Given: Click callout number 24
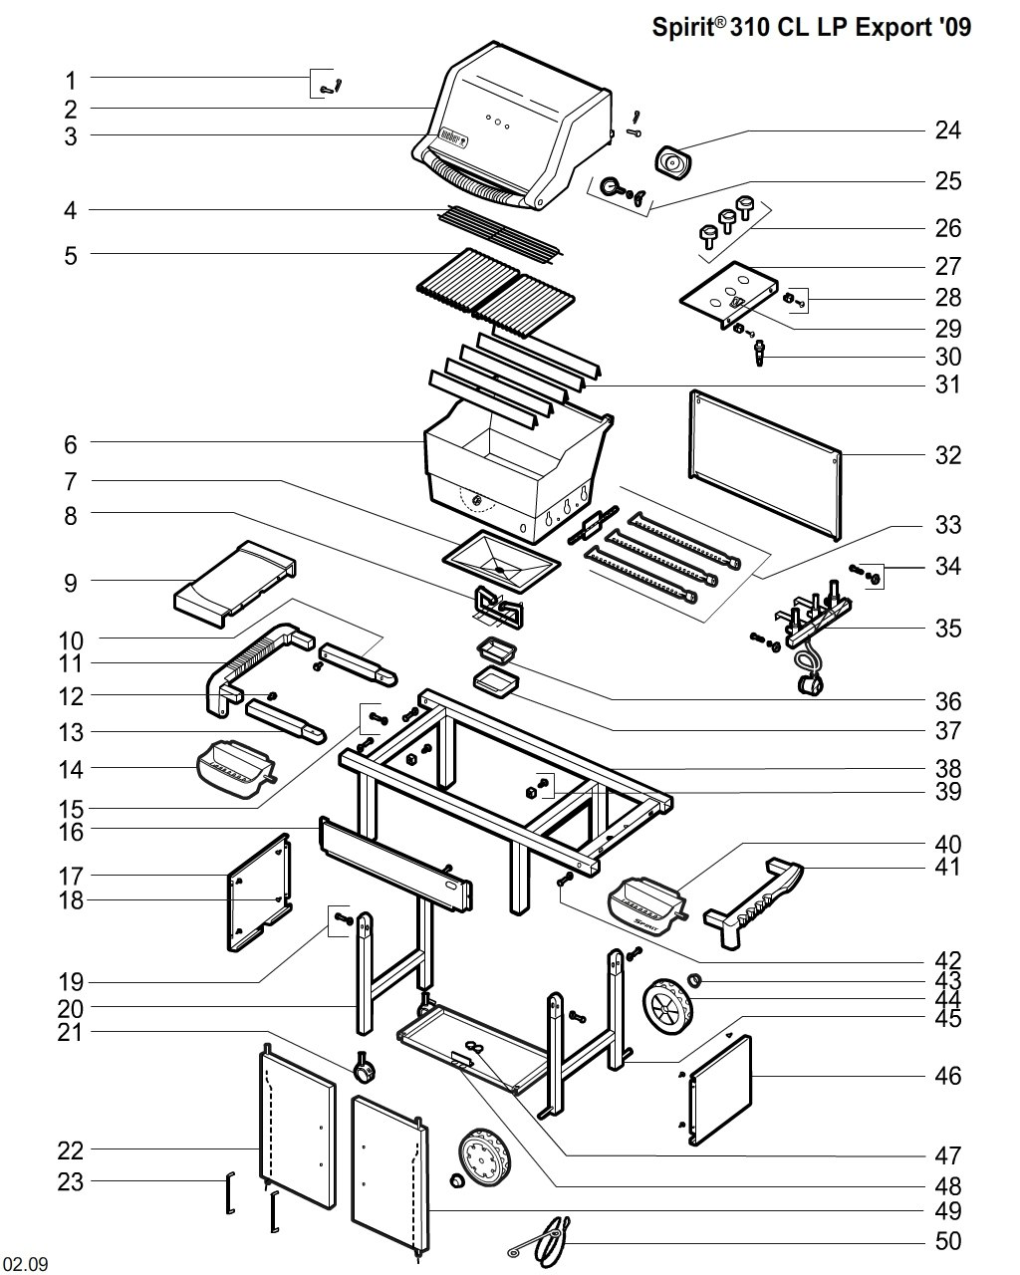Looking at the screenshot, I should [x=947, y=129].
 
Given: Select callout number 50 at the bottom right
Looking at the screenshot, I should [x=947, y=1241].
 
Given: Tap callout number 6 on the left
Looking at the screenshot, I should [x=71, y=442].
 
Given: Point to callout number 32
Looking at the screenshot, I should [x=947, y=455].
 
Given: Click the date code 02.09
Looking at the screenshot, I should [x=25, y=1265].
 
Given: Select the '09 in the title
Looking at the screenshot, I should [x=953, y=28].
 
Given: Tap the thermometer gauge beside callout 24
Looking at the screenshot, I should [x=672, y=159].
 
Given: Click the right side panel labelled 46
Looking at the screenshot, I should [x=719, y=1091].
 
